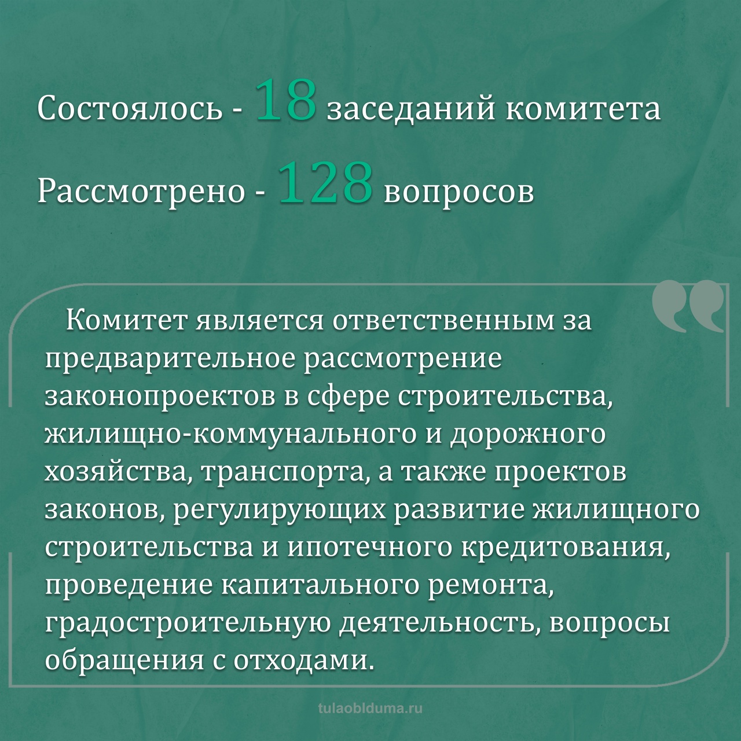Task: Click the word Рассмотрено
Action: tap(141, 191)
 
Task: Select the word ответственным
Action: tap(434, 321)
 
